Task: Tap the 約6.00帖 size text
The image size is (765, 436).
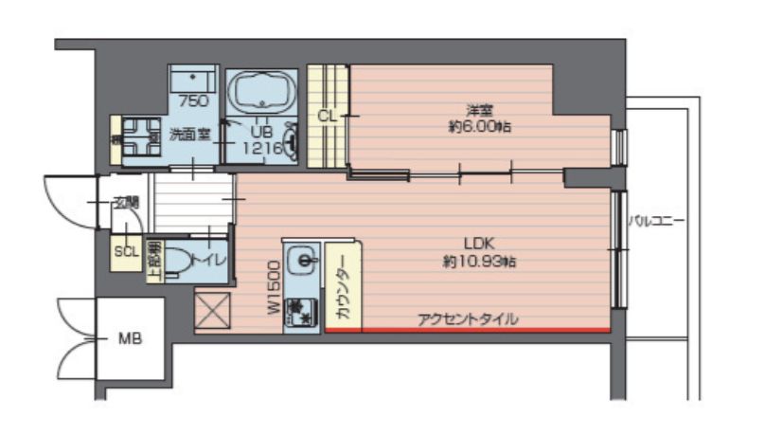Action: click(479, 125)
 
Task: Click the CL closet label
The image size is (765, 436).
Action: click(327, 116)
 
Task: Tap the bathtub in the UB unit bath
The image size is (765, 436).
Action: click(263, 92)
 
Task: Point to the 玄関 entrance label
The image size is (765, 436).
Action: click(126, 202)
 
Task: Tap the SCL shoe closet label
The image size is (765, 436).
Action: click(126, 252)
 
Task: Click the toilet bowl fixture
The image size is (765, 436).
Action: click(178, 268)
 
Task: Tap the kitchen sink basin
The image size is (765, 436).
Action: click(303, 258)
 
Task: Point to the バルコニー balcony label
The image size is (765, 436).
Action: click(656, 222)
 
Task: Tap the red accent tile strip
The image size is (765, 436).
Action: click(468, 330)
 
